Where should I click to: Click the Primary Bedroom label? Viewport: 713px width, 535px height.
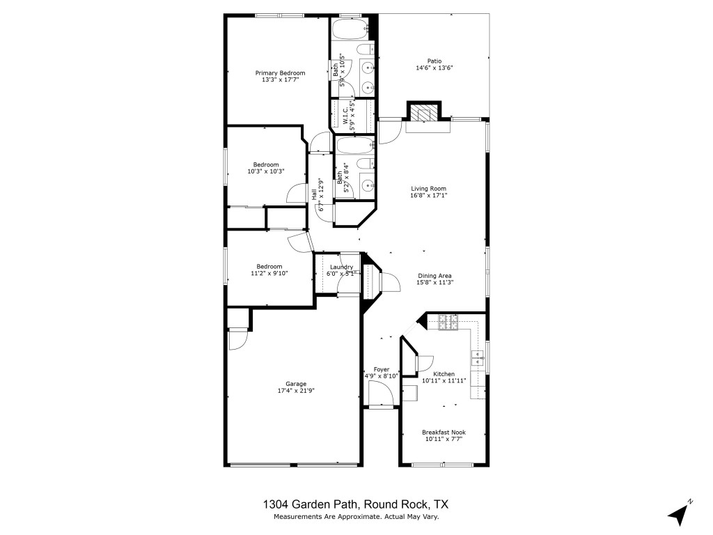(x=280, y=73)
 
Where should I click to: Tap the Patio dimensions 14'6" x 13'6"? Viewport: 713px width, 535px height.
(x=434, y=68)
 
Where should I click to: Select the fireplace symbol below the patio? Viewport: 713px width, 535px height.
(x=423, y=112)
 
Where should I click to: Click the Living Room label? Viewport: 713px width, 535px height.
(x=428, y=189)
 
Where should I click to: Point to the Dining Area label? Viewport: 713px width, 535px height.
(x=436, y=275)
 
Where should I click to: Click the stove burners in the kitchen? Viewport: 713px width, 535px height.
(x=448, y=322)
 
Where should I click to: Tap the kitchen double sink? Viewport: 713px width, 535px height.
(x=478, y=358)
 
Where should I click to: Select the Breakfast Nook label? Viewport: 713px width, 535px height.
(x=445, y=432)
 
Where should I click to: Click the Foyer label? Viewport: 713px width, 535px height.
(x=382, y=369)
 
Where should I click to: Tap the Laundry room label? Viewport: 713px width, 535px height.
(x=341, y=267)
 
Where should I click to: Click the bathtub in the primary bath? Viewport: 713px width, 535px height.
(x=350, y=30)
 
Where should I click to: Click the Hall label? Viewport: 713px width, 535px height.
(x=314, y=193)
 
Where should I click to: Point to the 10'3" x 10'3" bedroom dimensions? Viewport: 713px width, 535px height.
(x=266, y=171)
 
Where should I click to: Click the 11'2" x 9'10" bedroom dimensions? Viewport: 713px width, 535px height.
(x=269, y=274)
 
